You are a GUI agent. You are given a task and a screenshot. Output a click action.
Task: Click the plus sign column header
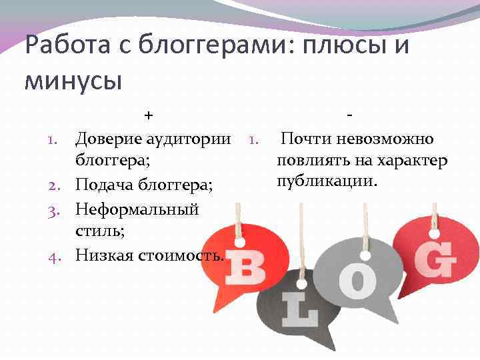(149, 115)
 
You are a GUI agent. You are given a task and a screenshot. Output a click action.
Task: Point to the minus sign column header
(350, 115)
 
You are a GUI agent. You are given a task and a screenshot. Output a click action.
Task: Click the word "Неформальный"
(137, 209)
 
